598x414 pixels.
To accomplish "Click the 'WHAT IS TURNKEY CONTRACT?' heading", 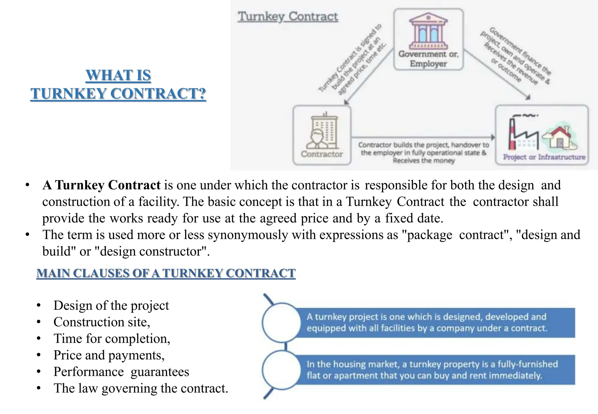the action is pos(118,84).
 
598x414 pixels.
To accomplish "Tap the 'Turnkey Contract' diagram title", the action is pos(288,17).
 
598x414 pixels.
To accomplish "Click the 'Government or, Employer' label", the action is pos(428,59).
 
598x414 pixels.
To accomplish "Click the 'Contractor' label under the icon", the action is pos(322,154).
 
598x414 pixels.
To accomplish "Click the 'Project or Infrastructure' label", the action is pos(544,157).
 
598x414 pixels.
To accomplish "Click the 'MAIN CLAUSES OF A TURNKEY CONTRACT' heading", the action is pos(166,273).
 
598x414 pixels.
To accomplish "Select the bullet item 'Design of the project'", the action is pos(111,305).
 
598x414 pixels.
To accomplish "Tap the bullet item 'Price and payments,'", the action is pos(109,355).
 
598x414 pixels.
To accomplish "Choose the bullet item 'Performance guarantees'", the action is pos(121,372).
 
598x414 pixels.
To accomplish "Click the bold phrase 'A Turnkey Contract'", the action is pos(101,185).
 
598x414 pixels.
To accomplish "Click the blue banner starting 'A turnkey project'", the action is pos(435,322).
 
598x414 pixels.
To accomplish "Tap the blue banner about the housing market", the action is pos(435,370).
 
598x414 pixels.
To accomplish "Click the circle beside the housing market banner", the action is pos(281,370).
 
